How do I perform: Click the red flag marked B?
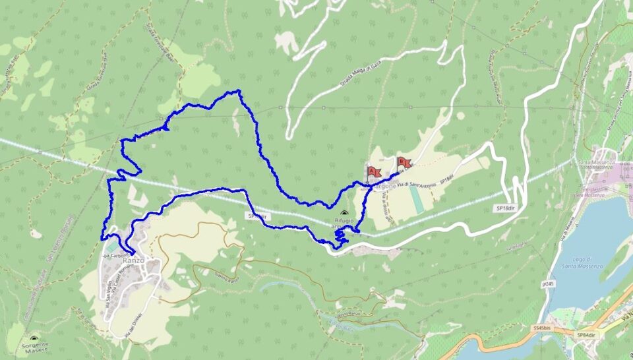coord(402,162)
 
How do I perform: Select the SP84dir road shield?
coord(586,334)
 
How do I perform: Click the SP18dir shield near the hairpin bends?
coord(504,208)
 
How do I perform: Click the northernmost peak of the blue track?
coord(238,91)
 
